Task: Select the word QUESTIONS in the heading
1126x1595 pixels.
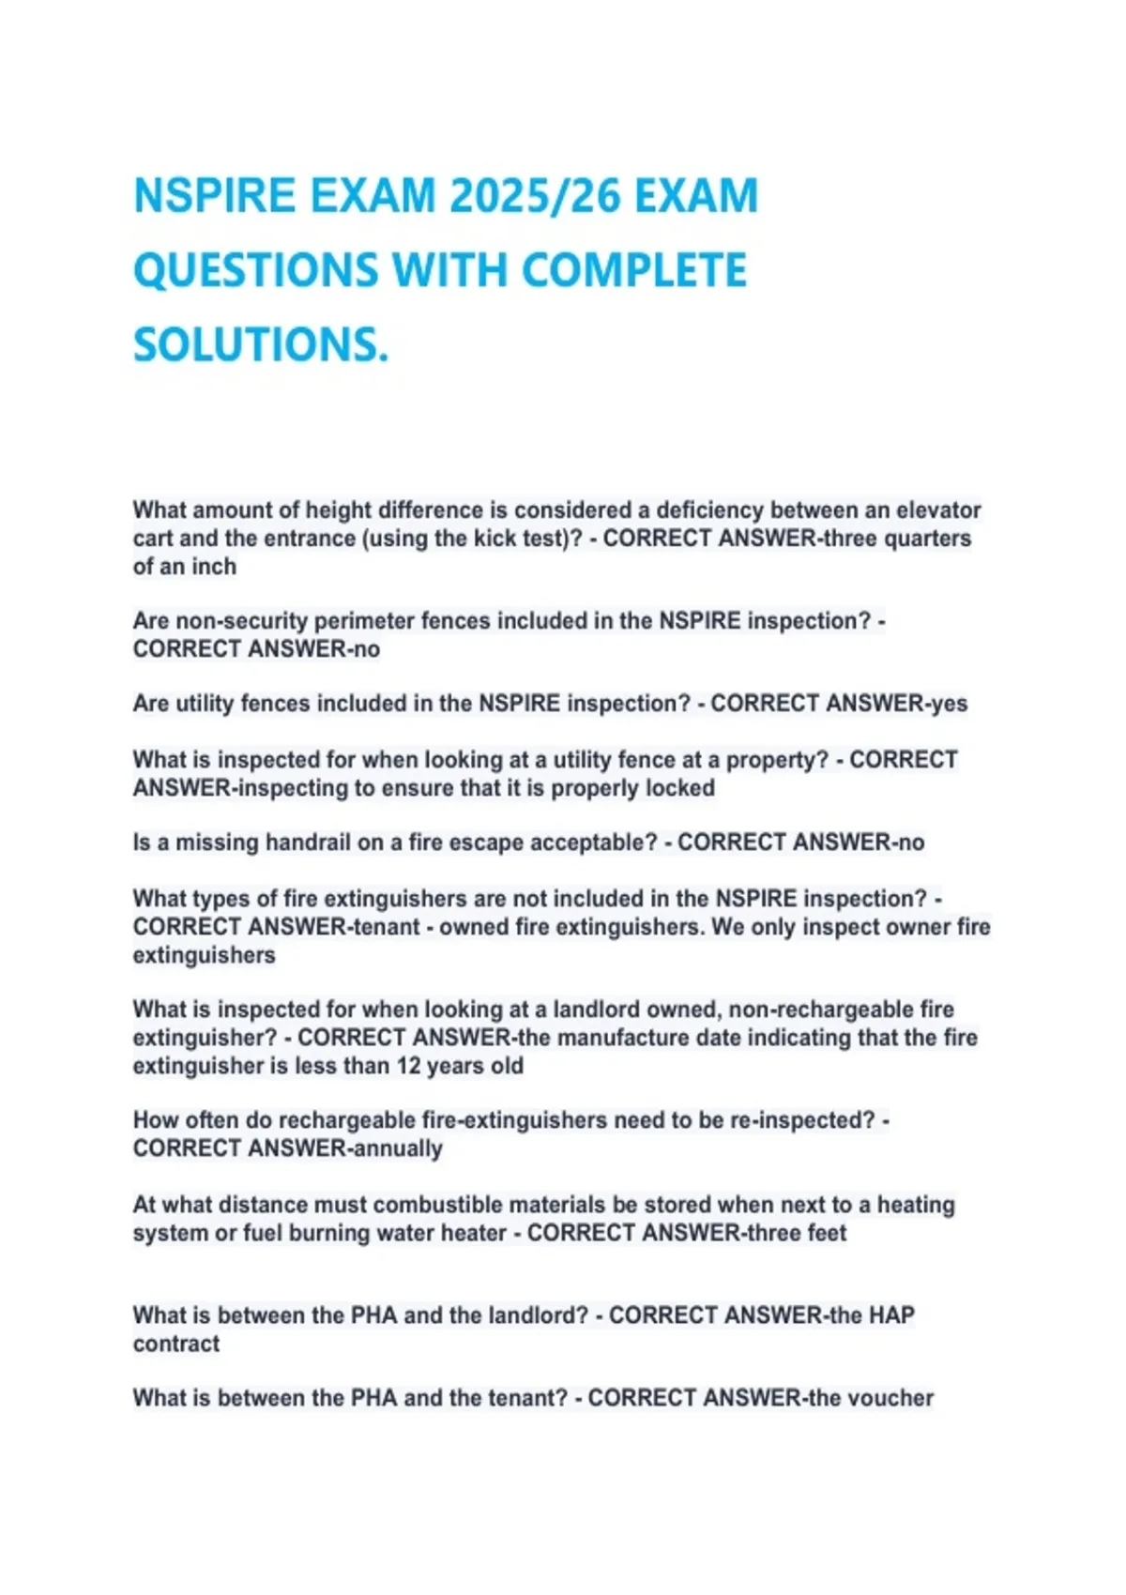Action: click(256, 271)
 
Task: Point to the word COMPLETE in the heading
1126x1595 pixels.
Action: click(633, 271)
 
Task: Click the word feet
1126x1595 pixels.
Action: click(827, 1233)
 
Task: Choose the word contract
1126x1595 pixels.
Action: click(176, 1344)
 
